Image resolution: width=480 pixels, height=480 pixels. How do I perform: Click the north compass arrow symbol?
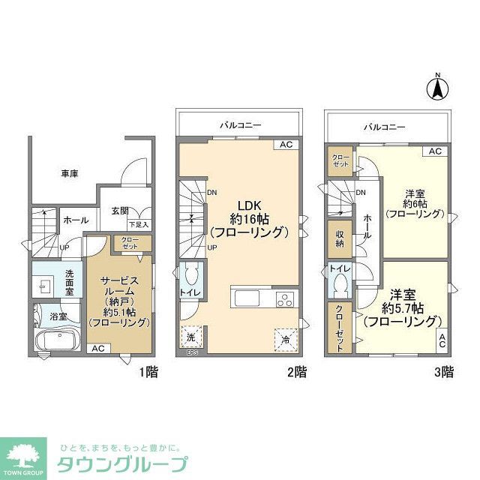(437, 88)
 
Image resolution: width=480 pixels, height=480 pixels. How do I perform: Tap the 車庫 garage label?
(70, 174)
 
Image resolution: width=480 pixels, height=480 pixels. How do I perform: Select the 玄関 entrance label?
(120, 211)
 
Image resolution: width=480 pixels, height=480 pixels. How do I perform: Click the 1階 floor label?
(148, 371)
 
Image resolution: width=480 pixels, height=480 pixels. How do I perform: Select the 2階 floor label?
(296, 371)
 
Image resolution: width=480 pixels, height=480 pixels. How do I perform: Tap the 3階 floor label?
(443, 371)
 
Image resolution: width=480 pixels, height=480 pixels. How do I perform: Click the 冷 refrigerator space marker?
(286, 339)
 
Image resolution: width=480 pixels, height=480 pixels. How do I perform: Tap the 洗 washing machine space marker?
(190, 338)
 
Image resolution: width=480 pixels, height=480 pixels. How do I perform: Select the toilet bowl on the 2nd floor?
(190, 274)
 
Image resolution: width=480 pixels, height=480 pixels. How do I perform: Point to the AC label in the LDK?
(286, 145)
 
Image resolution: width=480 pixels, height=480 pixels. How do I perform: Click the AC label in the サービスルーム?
(97, 349)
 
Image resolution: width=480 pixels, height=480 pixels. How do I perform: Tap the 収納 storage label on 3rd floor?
(339, 239)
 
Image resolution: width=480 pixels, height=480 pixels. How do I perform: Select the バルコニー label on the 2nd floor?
(241, 125)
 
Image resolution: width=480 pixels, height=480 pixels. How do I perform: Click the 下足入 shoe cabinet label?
(138, 224)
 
